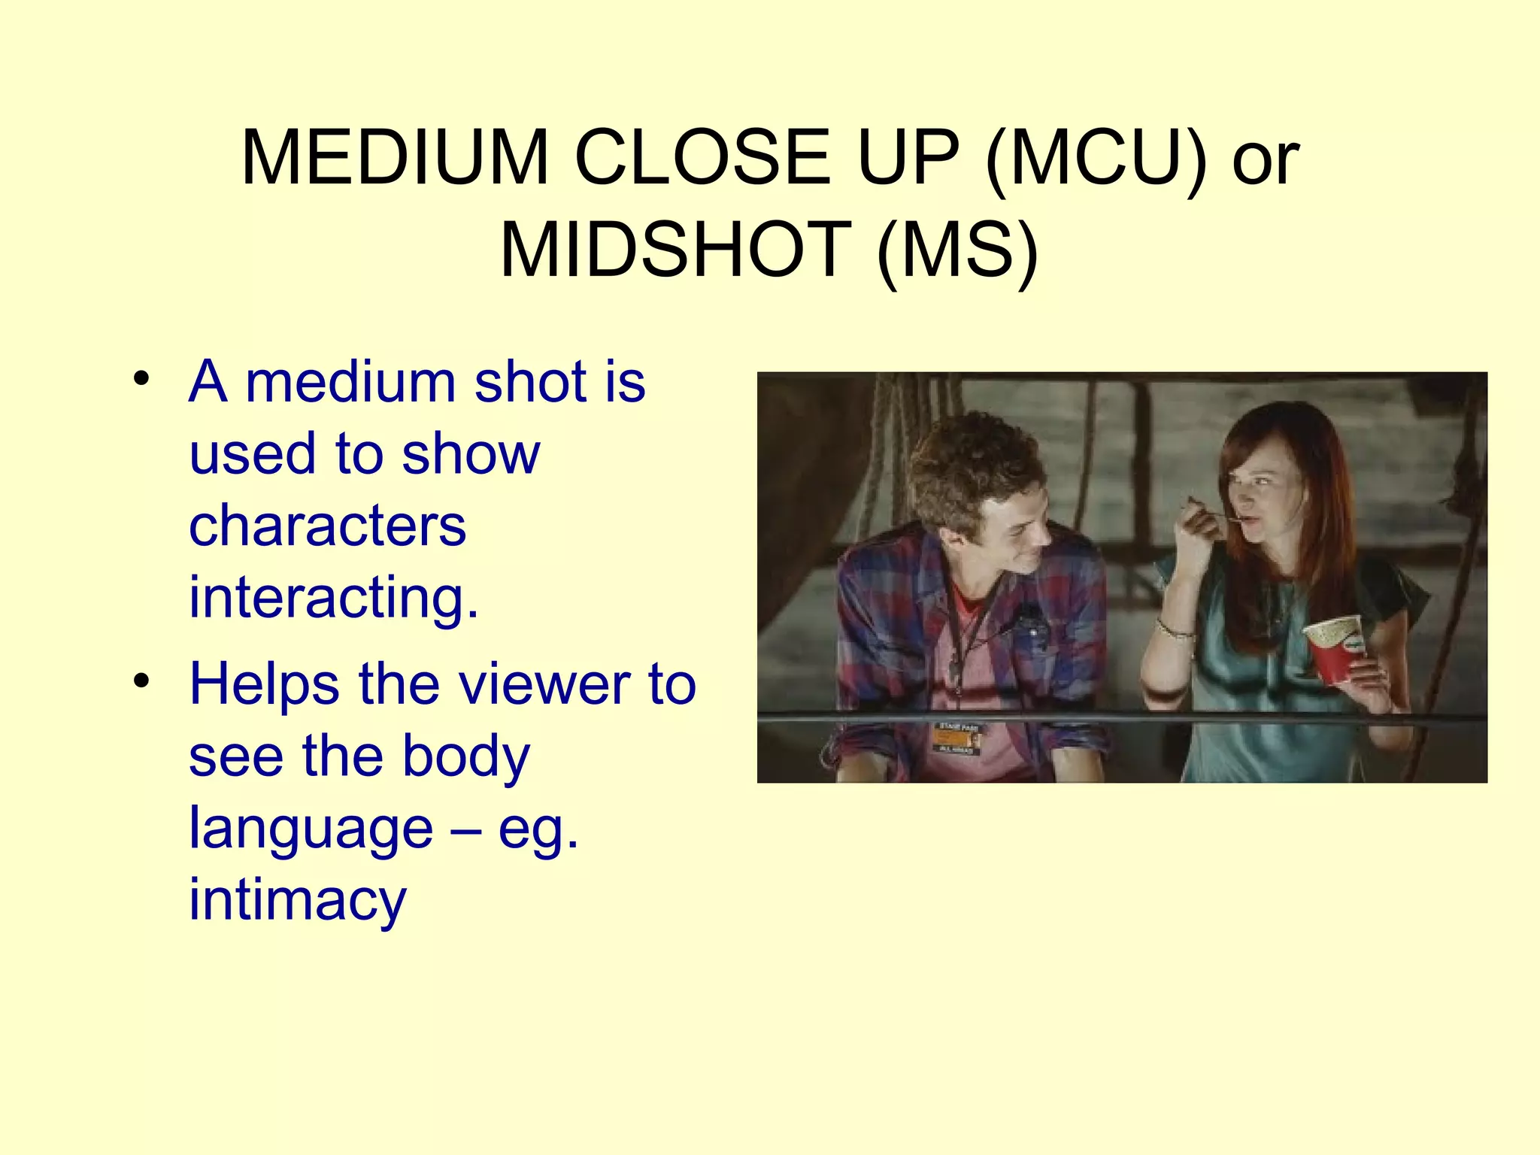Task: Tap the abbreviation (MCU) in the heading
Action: click(1096, 158)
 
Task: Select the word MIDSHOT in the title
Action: click(675, 250)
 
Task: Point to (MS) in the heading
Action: click(957, 250)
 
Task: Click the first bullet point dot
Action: click(141, 380)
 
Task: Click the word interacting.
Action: click(333, 598)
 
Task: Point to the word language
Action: click(311, 828)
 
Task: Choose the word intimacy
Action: click(297, 900)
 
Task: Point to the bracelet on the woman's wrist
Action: click(1175, 629)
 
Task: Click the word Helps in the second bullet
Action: click(264, 684)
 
